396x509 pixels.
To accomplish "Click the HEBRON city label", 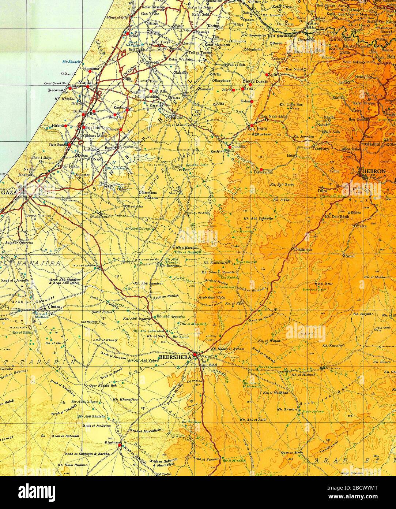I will [373, 171].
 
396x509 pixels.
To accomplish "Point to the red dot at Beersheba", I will [196, 354].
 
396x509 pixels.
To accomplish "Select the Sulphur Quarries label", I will [19, 242].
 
